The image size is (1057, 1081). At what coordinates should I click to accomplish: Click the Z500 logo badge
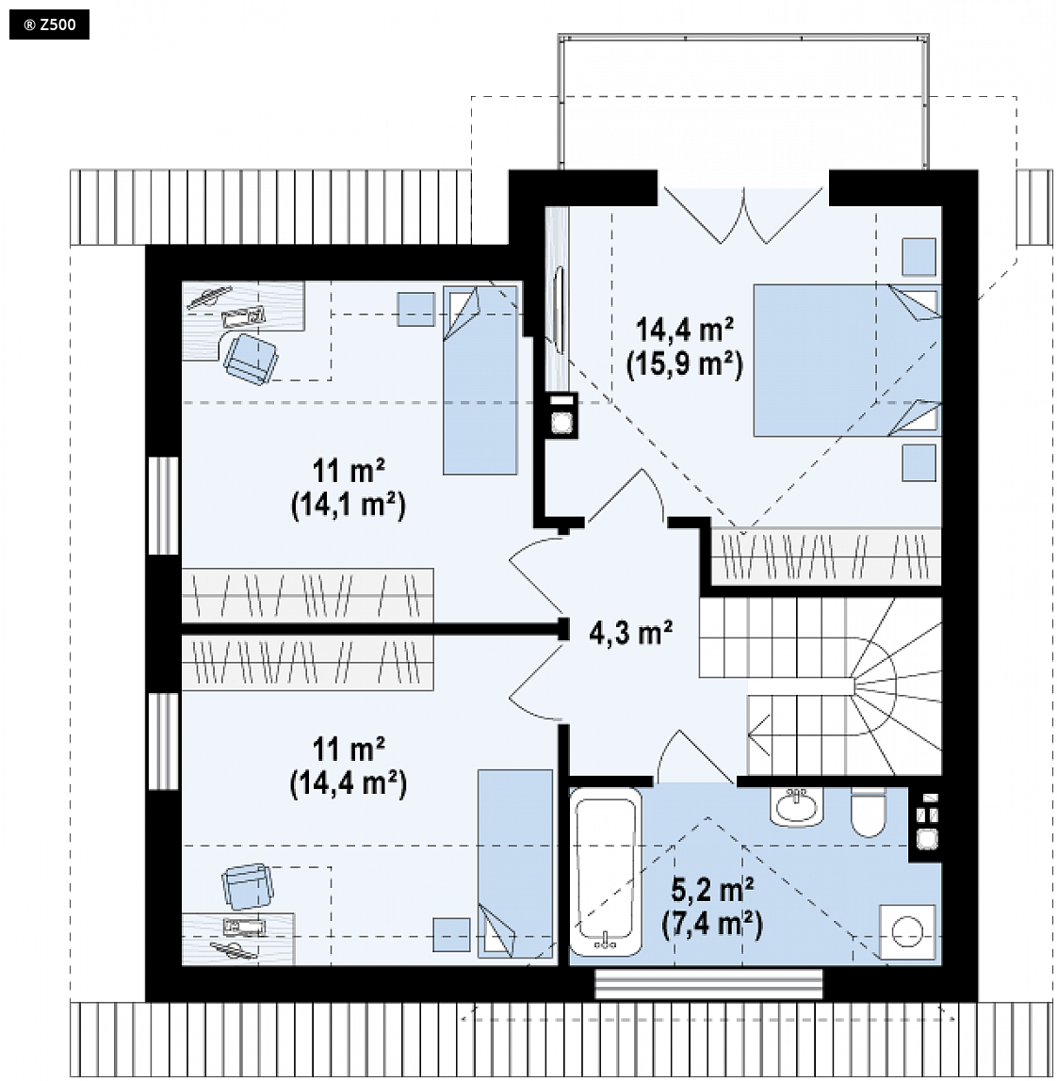49,25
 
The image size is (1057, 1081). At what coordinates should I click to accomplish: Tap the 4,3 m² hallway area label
630,632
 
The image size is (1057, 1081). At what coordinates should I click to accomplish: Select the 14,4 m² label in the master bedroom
684,330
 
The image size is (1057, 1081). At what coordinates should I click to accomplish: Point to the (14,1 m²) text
349,506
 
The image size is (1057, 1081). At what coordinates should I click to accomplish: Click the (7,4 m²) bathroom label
712,924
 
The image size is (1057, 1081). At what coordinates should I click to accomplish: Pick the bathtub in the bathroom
606,872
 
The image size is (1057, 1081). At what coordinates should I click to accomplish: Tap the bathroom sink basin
797,806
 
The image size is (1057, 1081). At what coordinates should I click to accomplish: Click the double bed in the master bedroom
847,360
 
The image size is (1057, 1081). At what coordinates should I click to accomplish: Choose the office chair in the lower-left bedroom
246,887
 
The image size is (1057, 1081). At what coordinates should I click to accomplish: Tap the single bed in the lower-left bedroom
515,863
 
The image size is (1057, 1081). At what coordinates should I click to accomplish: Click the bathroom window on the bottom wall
709,984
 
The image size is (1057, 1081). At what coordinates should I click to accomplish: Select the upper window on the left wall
164,505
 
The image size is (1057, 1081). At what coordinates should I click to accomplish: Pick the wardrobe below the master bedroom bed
826,557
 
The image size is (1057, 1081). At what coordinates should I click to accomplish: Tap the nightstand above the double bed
919,256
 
